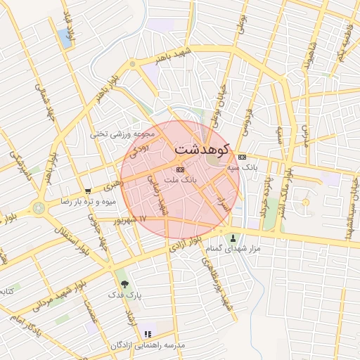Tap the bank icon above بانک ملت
click(180, 169)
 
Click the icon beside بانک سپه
click(242, 156)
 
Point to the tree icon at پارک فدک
click(124, 284)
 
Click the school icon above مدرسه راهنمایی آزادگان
click(148, 334)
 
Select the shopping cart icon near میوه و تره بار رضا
click(87, 191)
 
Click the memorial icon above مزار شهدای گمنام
click(233, 238)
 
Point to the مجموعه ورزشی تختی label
click(118, 132)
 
